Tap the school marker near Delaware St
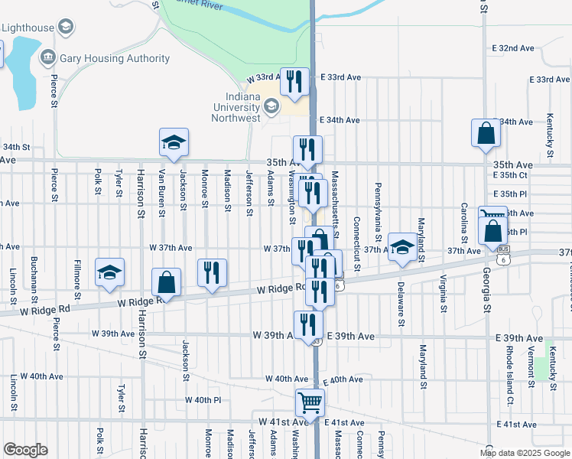[x=402, y=246]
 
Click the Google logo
[x=25, y=450]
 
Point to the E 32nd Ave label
[x=514, y=48]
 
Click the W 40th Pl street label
[x=203, y=400]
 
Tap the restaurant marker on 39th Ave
[x=308, y=324]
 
